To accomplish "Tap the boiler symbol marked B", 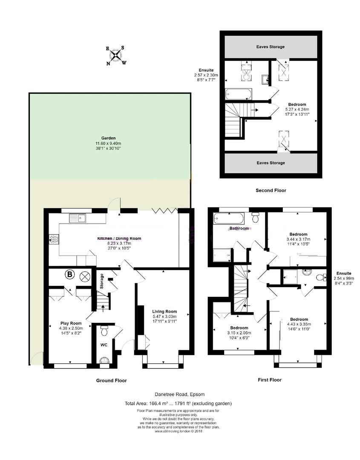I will [x=69, y=275].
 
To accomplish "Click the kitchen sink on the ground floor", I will [x=79, y=218].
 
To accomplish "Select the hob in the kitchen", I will [x=54, y=240].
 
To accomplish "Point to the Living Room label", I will [x=164, y=311].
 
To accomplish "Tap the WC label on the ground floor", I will [x=104, y=344].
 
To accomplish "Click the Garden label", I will [x=108, y=138].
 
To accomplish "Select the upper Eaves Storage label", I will [x=271, y=47].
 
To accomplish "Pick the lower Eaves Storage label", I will [x=271, y=163].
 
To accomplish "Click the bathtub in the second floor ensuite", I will [x=239, y=93].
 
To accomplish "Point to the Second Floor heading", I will [x=271, y=190].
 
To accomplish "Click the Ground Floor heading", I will [x=111, y=380].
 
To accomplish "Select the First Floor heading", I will [x=270, y=379].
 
